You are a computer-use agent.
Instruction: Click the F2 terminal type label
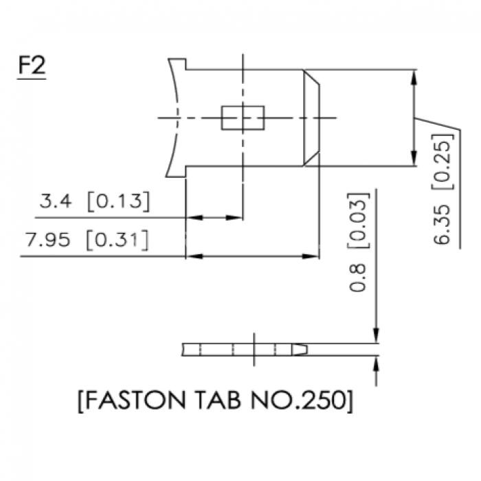(x=32, y=65)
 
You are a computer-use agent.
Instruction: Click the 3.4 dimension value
(x=56, y=201)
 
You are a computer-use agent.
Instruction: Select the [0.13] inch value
(x=118, y=201)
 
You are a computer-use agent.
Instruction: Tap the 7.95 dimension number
(x=48, y=240)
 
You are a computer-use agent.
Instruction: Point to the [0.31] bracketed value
(x=118, y=240)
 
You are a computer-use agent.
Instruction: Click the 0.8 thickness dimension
(x=358, y=278)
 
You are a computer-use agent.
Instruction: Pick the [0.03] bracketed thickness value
(x=358, y=221)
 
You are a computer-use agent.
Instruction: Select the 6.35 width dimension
(x=443, y=225)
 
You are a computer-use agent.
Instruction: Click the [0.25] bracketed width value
(x=443, y=161)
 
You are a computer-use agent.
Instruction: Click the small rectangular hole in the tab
(x=243, y=118)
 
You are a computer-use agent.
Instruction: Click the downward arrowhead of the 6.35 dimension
(x=414, y=158)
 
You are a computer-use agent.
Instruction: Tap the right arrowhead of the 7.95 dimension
(x=311, y=256)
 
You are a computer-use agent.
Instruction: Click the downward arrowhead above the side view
(x=377, y=335)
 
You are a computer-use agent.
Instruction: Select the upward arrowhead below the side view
(x=377, y=364)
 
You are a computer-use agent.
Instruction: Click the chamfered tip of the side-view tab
(x=300, y=350)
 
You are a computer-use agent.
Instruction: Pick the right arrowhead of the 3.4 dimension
(x=234, y=218)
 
